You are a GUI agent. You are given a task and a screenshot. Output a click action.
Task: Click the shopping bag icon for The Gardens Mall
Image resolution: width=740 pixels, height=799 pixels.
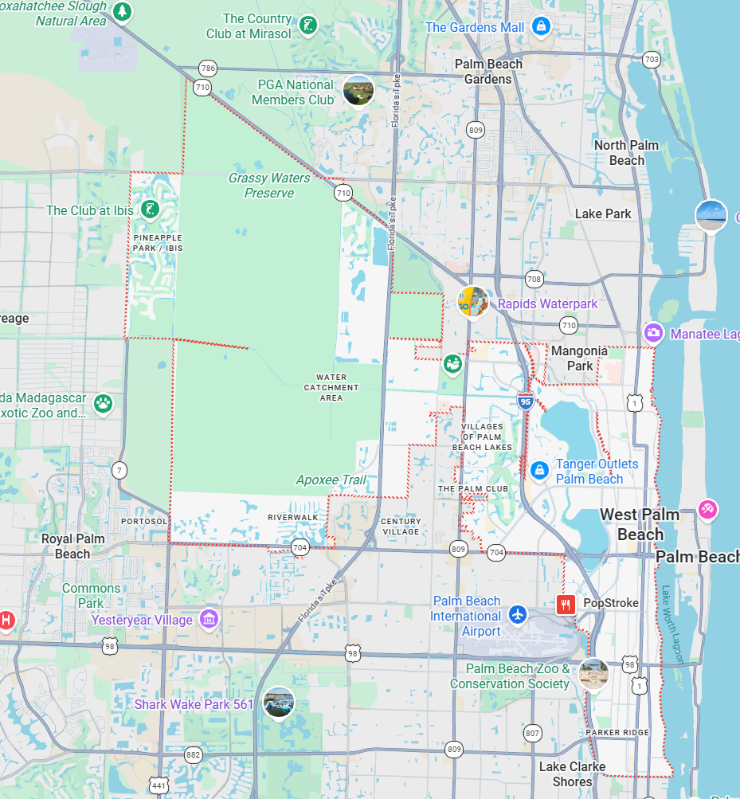(x=542, y=26)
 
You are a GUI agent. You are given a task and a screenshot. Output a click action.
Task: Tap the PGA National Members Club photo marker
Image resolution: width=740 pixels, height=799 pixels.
(x=358, y=91)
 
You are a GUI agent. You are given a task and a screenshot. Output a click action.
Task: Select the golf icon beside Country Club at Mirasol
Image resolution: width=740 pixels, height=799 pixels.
(x=307, y=26)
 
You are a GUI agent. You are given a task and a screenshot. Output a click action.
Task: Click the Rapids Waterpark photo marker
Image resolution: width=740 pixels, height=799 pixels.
(x=473, y=302)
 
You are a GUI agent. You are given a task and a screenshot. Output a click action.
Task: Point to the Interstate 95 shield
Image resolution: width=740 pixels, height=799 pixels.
(x=526, y=401)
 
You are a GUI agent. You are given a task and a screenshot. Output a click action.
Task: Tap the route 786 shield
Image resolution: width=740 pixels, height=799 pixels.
(x=208, y=68)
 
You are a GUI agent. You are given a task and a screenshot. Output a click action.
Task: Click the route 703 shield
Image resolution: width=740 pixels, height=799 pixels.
(x=651, y=59)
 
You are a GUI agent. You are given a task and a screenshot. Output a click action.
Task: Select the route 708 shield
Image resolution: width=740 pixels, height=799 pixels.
(x=534, y=279)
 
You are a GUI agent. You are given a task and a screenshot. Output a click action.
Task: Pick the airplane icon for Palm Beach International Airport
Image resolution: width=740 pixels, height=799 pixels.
(x=518, y=615)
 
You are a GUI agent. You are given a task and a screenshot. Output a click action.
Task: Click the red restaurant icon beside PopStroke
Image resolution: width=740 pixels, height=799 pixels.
(x=566, y=604)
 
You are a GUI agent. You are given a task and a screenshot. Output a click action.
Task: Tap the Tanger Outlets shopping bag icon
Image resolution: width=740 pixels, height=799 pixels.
(x=539, y=471)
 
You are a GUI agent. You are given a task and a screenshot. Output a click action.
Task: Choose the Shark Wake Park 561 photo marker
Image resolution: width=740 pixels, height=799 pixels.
(x=279, y=702)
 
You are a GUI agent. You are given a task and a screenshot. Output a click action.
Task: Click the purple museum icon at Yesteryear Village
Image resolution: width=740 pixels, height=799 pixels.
(x=209, y=619)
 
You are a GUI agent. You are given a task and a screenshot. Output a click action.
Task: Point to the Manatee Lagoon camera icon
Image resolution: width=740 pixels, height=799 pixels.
(x=653, y=333)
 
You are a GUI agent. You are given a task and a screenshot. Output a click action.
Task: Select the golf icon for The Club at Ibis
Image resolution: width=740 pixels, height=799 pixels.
(x=148, y=210)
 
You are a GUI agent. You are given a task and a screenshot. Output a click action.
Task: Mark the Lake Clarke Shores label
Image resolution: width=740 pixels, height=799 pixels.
(x=572, y=774)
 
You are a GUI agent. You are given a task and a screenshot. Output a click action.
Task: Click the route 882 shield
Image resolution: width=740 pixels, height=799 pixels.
(x=193, y=754)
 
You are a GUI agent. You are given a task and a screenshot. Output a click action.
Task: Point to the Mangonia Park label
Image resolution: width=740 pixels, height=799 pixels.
(x=579, y=358)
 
